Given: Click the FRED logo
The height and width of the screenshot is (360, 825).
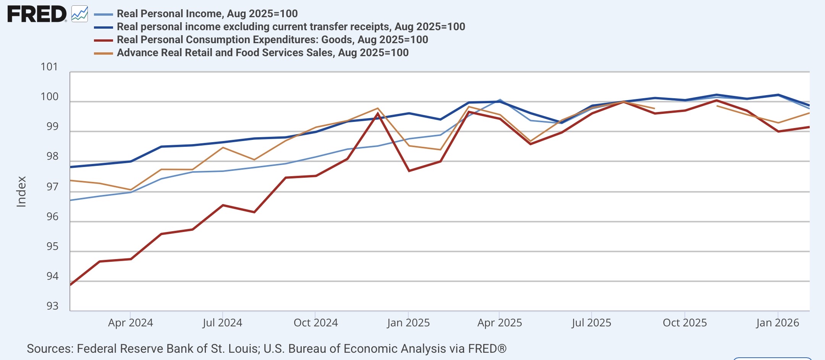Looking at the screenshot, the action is (37, 14).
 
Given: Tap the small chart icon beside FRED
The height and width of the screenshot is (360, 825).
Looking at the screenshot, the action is (79, 14).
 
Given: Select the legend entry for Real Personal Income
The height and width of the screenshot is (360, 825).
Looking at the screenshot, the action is (196, 14).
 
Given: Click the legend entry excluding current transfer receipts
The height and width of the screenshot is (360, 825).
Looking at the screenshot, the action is (280, 27).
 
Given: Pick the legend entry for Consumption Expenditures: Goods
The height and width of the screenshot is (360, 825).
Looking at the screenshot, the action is (261, 40).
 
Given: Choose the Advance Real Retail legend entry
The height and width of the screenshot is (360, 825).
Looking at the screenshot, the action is (251, 53).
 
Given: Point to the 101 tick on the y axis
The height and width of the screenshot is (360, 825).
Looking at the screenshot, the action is (49, 67).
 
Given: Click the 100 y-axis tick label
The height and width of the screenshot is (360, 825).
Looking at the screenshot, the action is (50, 97).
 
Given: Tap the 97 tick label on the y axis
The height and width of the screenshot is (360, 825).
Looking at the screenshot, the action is (52, 187).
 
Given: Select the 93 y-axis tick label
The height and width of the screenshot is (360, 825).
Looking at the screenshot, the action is (52, 306).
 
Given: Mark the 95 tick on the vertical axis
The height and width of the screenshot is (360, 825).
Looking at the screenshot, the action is (52, 246).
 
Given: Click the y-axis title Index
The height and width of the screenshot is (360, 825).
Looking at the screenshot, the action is (21, 191).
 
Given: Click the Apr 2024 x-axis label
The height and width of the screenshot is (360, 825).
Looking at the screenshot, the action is (131, 323).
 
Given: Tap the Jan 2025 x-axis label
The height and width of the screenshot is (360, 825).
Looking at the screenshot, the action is (408, 323).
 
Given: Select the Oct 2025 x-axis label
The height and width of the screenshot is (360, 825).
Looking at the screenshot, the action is (685, 323).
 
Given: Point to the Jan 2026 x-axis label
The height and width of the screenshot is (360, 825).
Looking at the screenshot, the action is (778, 323).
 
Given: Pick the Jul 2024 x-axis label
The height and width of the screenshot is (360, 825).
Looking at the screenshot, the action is (222, 323).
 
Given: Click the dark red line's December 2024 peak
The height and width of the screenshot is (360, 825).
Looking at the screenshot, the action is (378, 113).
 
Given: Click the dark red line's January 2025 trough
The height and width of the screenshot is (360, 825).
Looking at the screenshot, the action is (409, 171).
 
